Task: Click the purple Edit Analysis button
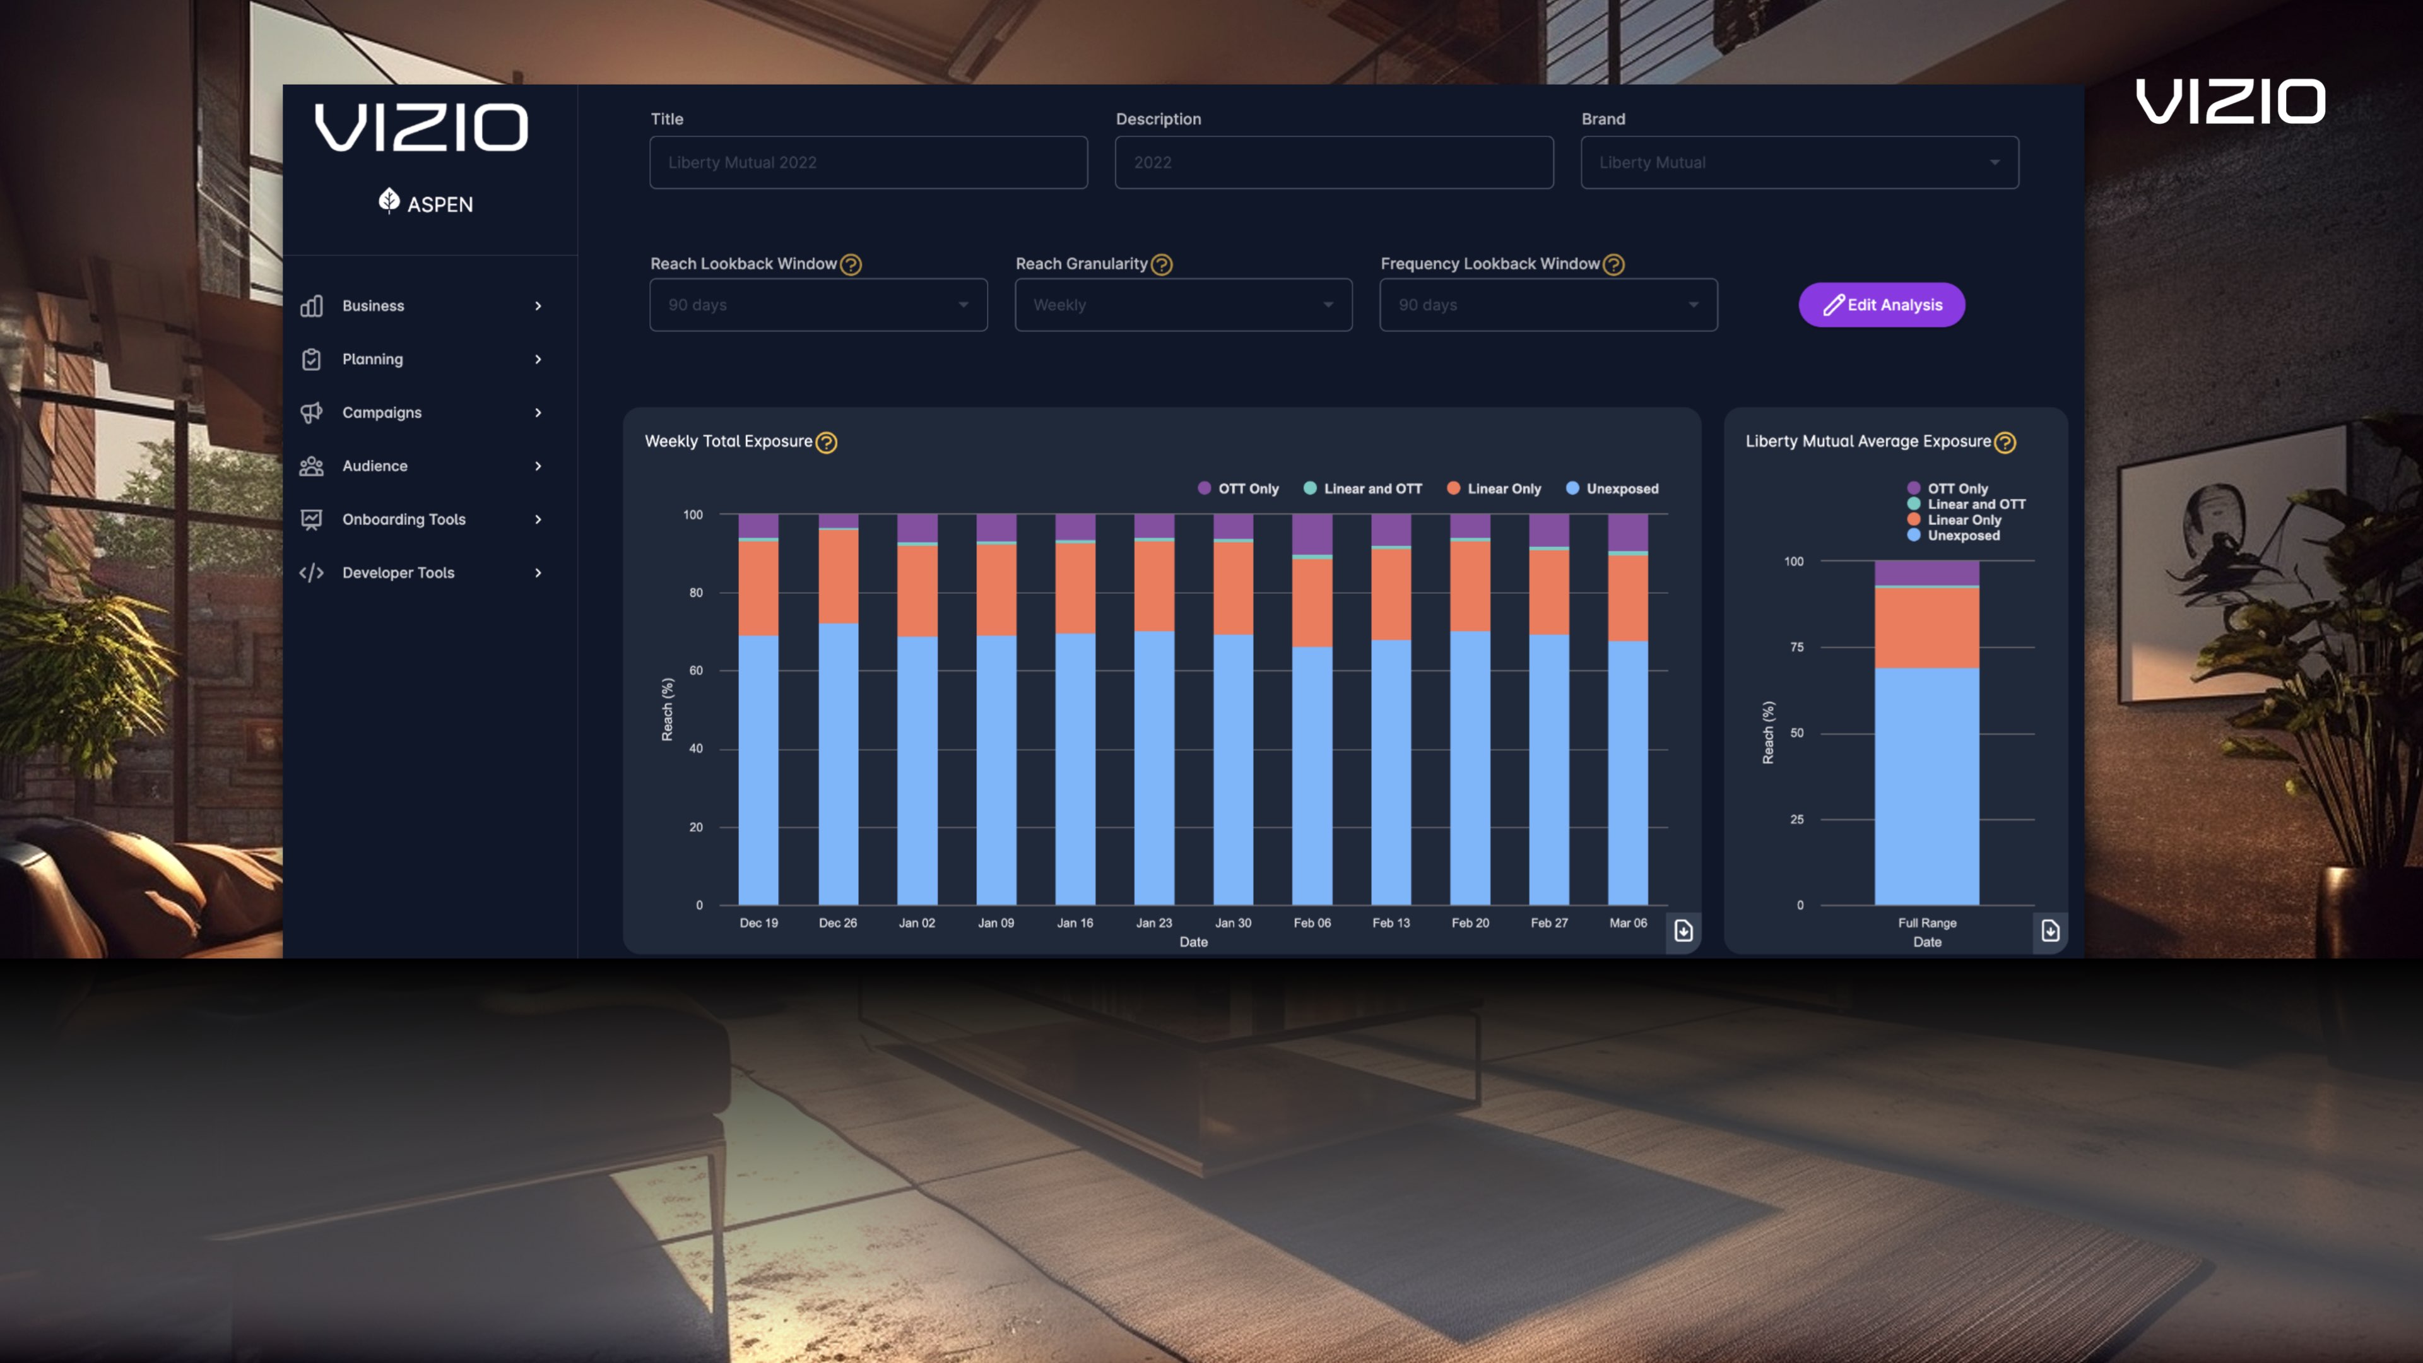(1881, 305)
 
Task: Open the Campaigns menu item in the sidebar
(381, 412)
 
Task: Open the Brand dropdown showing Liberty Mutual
(1798, 162)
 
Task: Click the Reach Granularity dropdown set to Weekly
(1182, 305)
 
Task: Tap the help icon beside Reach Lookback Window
(851, 264)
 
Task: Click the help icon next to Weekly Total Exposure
(826, 442)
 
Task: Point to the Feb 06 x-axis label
(1311, 923)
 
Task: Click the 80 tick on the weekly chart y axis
(695, 593)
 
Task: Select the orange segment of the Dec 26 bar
(837, 575)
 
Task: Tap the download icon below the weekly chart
(1683, 930)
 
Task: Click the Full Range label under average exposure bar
(1926, 923)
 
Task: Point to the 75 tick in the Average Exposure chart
(1796, 647)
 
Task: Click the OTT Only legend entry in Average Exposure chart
(1957, 488)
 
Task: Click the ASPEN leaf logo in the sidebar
(389, 201)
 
